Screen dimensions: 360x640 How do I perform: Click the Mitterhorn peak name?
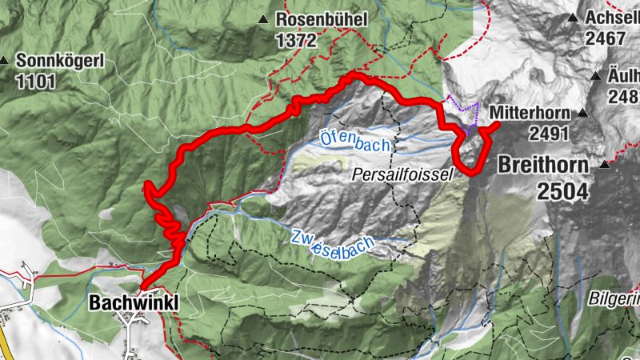[530, 111]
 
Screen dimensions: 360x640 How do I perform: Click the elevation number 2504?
[562, 190]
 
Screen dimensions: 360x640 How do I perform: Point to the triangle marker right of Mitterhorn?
[585, 113]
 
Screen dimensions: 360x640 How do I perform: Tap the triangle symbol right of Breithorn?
[604, 166]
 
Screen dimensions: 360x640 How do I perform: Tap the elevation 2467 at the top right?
[606, 38]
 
